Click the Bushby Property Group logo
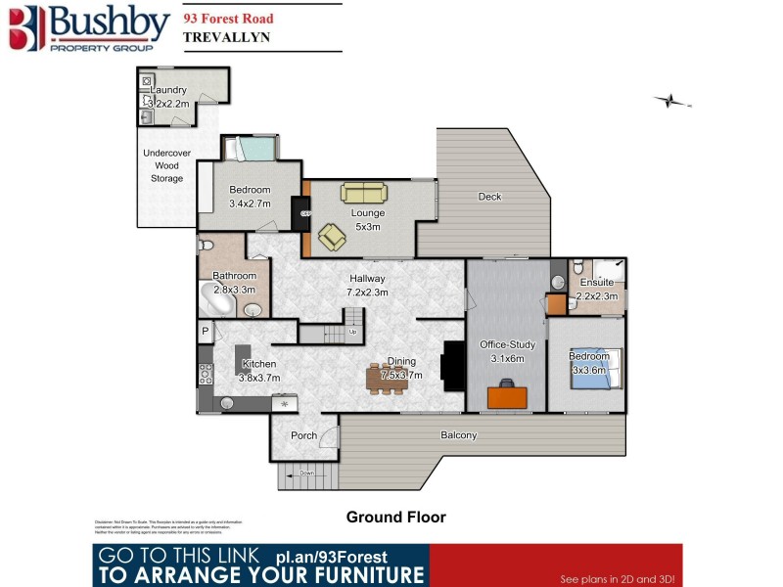[87, 27]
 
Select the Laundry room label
[168, 90]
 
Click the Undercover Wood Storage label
[166, 166]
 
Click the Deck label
[489, 197]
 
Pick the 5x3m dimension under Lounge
[368, 227]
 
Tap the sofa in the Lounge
[363, 193]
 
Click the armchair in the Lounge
[331, 236]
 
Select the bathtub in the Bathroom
[217, 296]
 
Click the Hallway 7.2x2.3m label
[368, 285]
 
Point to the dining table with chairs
[387, 379]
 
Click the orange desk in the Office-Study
[508, 395]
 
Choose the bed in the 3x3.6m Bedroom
[594, 371]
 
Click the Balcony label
[458, 435]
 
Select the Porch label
[303, 435]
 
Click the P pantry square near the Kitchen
[206, 331]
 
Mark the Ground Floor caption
[396, 517]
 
